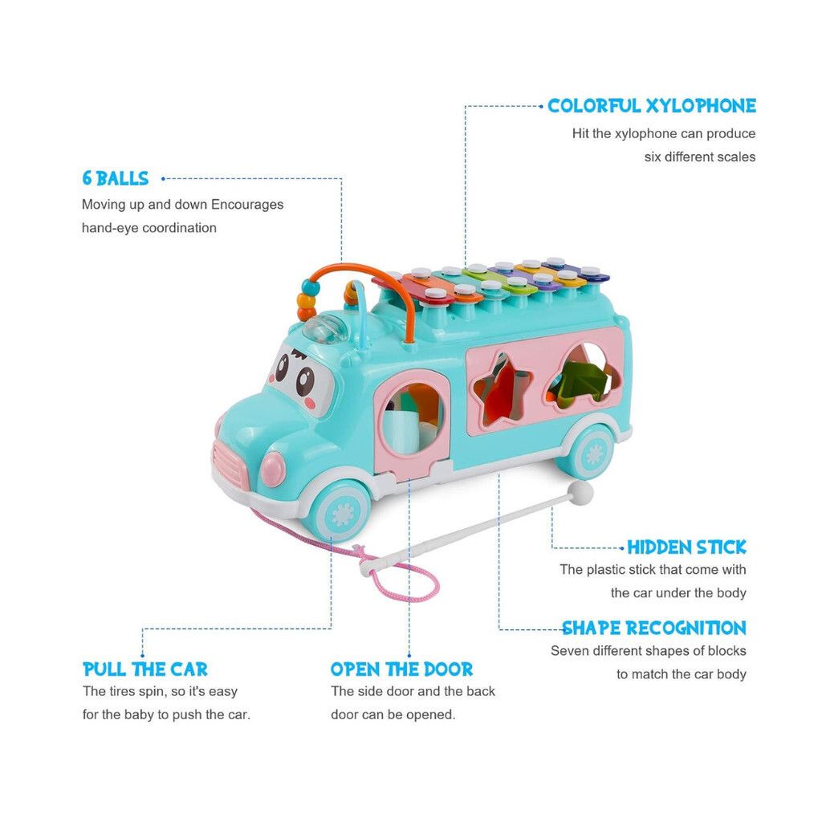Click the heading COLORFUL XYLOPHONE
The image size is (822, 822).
651,106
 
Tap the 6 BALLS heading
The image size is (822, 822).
116,178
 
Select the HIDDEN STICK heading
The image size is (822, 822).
686,547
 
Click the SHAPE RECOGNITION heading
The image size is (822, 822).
653,628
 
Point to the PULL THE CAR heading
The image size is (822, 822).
145,669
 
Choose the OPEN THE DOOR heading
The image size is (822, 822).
401,669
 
